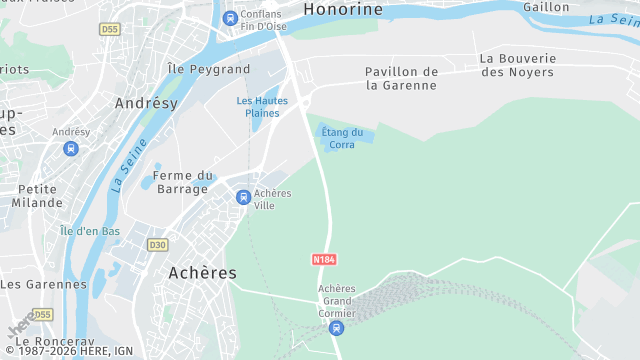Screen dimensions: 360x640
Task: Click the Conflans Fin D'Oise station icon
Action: (x=231, y=17)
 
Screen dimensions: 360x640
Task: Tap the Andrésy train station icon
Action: (x=71, y=149)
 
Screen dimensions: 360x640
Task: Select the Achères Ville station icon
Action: (x=243, y=198)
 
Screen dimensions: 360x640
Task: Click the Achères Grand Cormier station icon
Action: (x=337, y=327)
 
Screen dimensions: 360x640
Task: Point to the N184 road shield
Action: (x=323, y=259)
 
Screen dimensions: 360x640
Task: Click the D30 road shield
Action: (x=157, y=245)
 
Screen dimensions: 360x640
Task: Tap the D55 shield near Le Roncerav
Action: (x=42, y=315)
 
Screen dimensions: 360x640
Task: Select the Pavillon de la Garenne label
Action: (x=401, y=78)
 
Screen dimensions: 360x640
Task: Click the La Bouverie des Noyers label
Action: (x=517, y=65)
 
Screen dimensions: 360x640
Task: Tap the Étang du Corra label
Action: (x=342, y=138)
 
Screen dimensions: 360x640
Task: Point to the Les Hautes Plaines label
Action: (x=262, y=106)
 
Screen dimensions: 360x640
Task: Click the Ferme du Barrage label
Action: (x=182, y=182)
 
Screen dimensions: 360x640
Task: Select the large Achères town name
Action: (x=202, y=273)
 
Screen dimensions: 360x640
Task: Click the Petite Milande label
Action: (x=37, y=195)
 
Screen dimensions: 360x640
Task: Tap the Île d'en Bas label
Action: (x=90, y=231)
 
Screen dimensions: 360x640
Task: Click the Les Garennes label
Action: (x=44, y=284)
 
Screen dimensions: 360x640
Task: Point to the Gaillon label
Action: (x=545, y=7)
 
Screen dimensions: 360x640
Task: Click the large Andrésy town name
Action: (x=146, y=103)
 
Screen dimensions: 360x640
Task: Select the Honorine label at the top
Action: (x=343, y=9)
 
